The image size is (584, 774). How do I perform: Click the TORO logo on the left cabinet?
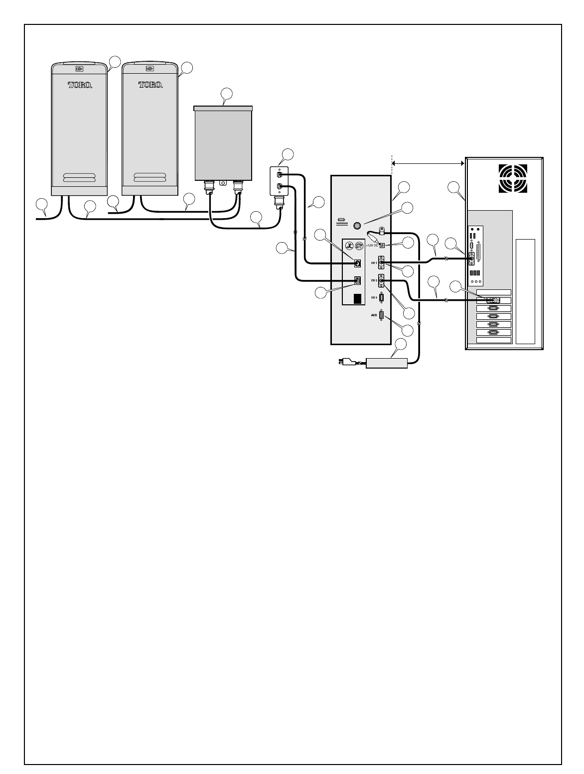pyautogui.click(x=80, y=85)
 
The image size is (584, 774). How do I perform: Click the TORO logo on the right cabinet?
pyautogui.click(x=150, y=85)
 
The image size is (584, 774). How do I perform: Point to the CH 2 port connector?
pyautogui.click(x=382, y=281)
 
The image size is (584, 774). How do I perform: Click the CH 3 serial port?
pyautogui.click(x=381, y=298)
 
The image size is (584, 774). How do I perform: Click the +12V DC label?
pyautogui.click(x=372, y=246)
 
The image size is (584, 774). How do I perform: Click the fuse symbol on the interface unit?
pyautogui.click(x=342, y=220)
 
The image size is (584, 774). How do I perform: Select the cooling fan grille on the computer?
pyautogui.click(x=513, y=178)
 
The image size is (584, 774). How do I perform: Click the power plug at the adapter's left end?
pyautogui.click(x=346, y=363)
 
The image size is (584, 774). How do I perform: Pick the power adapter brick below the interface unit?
pyautogui.click(x=387, y=363)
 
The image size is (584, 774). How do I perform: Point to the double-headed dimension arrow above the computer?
pyautogui.click(x=428, y=163)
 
